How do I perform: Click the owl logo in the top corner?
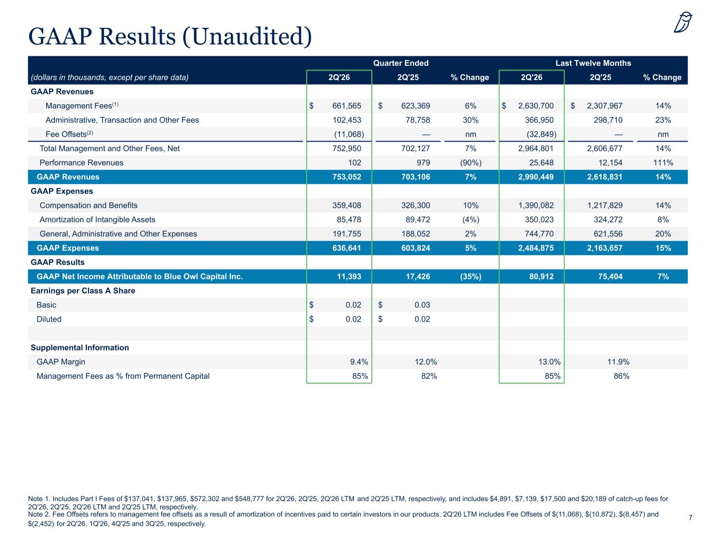point(683,22)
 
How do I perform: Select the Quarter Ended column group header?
point(401,63)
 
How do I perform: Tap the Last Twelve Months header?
point(593,63)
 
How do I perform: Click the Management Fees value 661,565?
point(347,106)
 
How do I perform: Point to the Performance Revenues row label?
point(81,163)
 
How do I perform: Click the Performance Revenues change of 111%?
point(663,163)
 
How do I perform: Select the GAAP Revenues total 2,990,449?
point(536,177)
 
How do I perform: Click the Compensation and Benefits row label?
point(88,205)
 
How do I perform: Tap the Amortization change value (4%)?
point(471,219)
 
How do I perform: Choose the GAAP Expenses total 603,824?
point(416,248)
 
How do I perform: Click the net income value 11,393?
point(349,276)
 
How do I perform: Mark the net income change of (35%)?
point(471,276)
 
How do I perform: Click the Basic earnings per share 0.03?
point(422,305)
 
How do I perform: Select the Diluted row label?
point(49,319)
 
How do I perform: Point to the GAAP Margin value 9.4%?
point(359,362)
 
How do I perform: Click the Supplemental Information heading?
point(80,347)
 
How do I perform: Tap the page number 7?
point(690,517)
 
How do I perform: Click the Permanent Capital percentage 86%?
point(622,376)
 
